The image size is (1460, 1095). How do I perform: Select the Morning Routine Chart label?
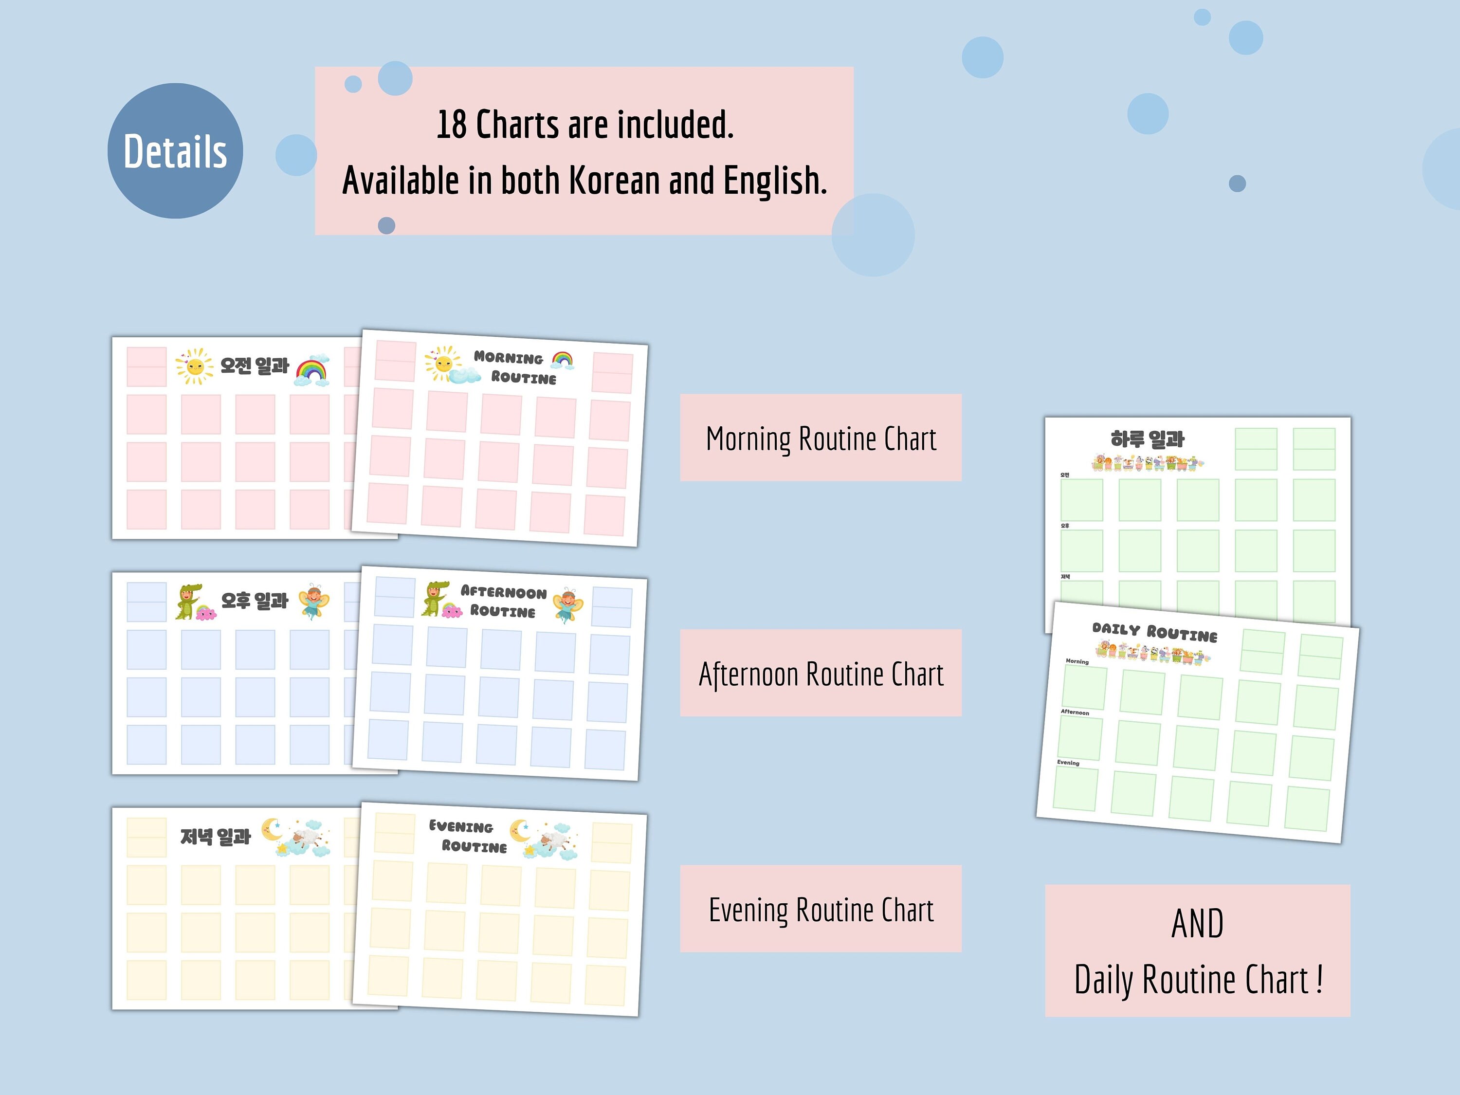(821, 438)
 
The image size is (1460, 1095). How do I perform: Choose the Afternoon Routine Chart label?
(821, 673)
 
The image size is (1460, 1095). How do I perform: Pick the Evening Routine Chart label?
(821, 909)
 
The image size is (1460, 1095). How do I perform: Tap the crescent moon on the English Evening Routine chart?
(521, 831)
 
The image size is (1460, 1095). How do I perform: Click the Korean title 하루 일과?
(1147, 439)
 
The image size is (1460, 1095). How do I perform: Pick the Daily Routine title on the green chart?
(1154, 632)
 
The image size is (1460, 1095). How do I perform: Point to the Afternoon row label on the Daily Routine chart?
(1075, 712)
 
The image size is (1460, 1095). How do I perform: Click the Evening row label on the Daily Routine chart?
(1068, 762)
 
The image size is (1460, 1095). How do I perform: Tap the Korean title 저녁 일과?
(216, 837)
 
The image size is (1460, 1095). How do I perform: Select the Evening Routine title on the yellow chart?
(467, 836)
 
